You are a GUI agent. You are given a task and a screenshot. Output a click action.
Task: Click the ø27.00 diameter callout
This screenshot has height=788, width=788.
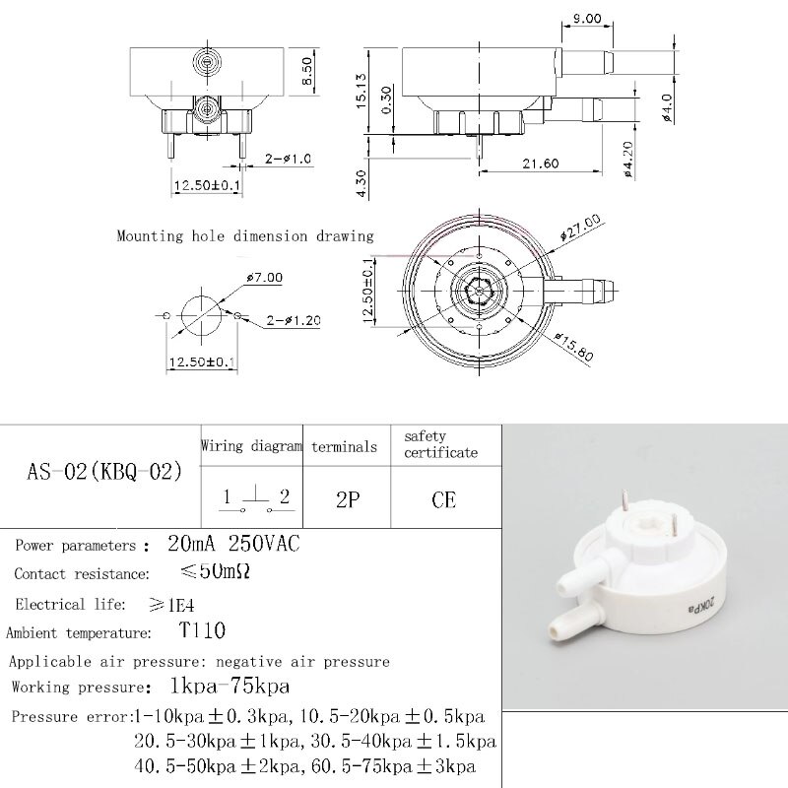580,226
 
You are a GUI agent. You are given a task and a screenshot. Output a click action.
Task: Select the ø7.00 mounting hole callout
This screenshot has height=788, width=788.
264,278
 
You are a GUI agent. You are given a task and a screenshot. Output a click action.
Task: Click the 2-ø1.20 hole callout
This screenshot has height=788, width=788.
292,320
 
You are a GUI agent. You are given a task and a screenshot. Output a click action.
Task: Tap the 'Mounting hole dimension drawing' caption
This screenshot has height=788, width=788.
245,236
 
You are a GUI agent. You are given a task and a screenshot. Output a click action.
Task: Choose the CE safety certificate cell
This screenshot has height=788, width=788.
444,499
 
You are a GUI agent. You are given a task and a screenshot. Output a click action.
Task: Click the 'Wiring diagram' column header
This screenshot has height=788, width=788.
251,446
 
